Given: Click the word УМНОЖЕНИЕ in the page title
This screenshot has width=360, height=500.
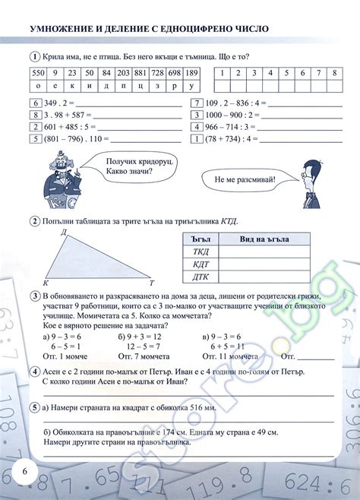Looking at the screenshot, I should click(x=63, y=30).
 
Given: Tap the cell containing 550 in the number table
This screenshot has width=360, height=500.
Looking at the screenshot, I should click(x=37, y=73).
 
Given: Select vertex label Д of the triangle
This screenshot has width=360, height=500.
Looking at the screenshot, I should click(x=63, y=230).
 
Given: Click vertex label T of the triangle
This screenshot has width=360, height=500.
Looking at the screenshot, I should click(x=152, y=281).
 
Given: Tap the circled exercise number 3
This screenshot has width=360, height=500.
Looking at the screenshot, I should click(x=35, y=295).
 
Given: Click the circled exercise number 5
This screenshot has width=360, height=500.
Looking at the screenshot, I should click(x=35, y=407).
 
